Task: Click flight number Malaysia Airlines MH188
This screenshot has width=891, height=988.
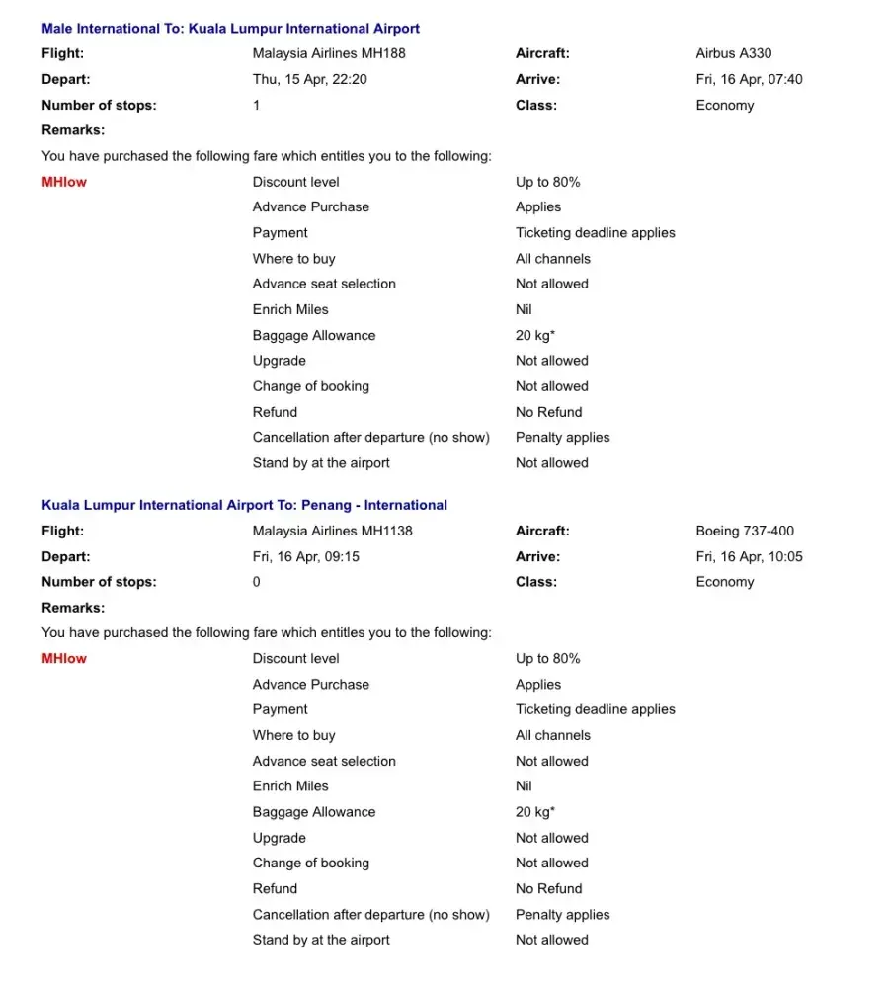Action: coord(329,53)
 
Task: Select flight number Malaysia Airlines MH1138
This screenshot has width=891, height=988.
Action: coord(332,531)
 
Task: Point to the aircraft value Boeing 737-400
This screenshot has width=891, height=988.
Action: coord(745,531)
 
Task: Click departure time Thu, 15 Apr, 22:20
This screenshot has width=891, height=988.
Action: coord(309,79)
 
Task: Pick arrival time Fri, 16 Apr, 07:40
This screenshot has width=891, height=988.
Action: coord(749,79)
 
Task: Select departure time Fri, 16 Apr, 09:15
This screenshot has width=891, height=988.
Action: coord(306,556)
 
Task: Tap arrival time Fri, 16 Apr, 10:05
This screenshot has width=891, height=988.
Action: coord(749,556)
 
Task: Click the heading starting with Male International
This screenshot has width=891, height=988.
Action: coord(230,29)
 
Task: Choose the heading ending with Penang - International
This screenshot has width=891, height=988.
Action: coord(244,505)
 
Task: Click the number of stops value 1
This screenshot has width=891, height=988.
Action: coord(257,105)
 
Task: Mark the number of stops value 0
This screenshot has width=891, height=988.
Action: coord(257,582)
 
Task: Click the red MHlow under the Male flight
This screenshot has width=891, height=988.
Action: coord(64,182)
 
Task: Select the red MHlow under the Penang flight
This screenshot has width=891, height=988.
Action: coord(64,659)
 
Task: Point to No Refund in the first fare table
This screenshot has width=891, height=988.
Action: coord(548,412)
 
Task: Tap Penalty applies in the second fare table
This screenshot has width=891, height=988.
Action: coord(562,915)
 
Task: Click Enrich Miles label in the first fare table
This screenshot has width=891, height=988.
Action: coord(290,309)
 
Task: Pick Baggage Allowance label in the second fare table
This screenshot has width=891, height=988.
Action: coord(314,812)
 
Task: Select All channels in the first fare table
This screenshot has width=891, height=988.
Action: coord(552,259)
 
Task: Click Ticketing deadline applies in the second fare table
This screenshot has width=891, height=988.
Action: coord(595,709)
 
